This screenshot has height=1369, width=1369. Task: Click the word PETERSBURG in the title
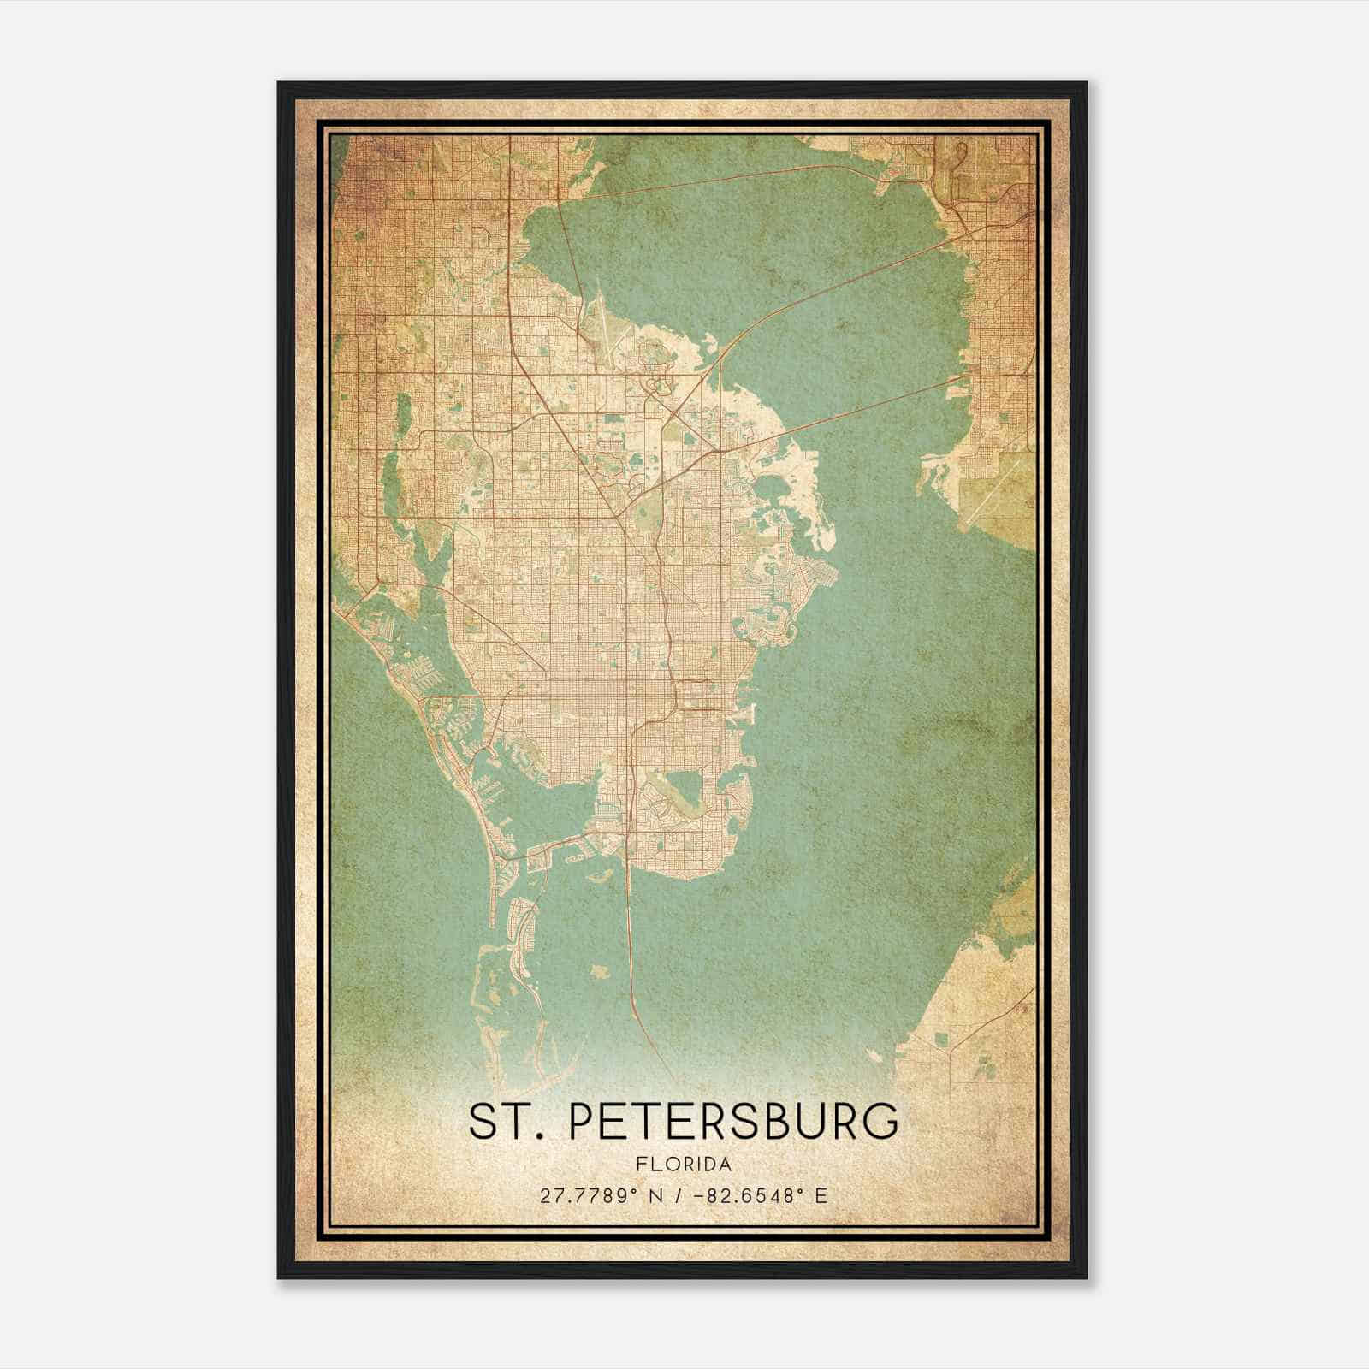734,1122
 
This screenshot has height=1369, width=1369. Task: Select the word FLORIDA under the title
684,1164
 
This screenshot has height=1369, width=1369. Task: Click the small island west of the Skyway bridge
599,972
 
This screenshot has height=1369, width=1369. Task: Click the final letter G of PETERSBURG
883,1122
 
